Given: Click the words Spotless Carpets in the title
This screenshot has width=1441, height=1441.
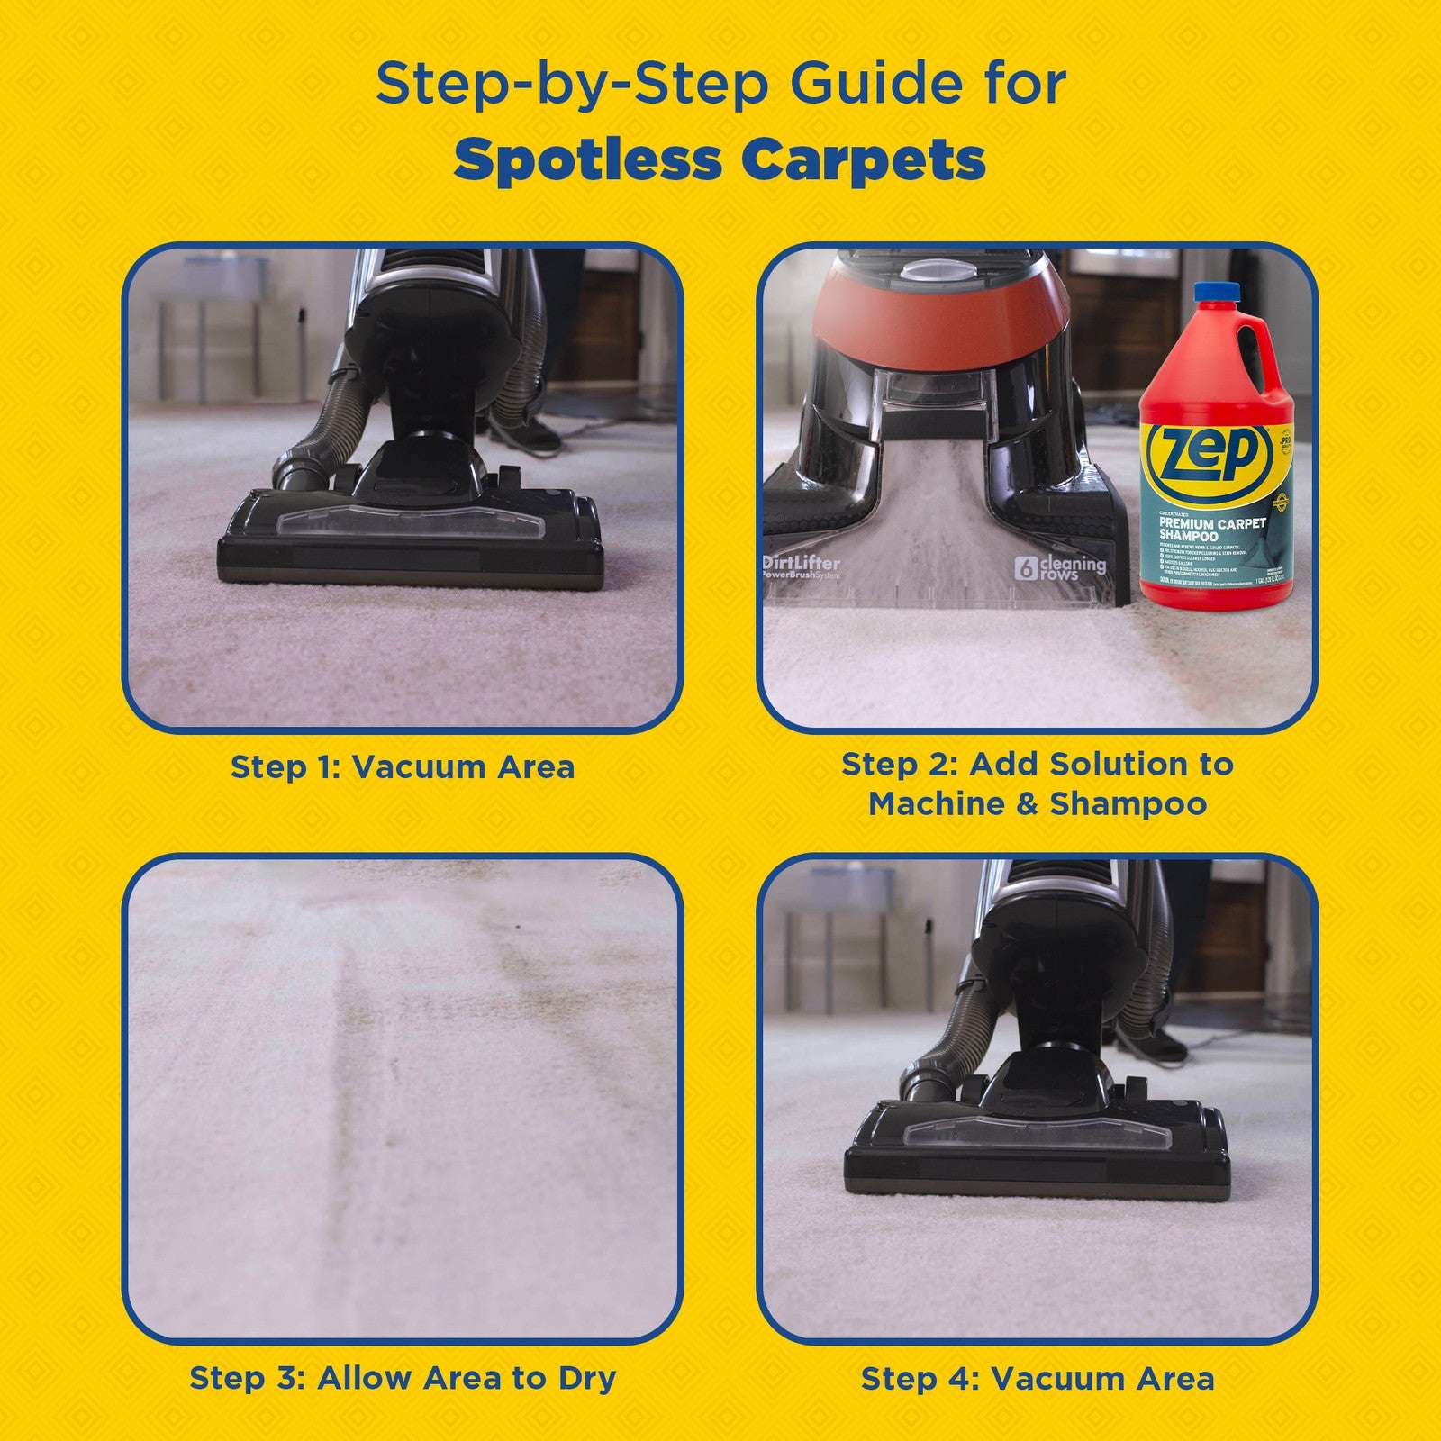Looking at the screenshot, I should (x=720, y=159).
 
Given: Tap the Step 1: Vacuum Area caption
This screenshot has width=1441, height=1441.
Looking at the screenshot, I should (x=403, y=767).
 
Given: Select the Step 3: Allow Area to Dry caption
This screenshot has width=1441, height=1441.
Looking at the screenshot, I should (x=403, y=1378).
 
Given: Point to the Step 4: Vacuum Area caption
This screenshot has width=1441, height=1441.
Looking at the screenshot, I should (x=1038, y=1378).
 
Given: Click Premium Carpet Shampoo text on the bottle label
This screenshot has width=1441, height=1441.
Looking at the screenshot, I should (x=1212, y=529).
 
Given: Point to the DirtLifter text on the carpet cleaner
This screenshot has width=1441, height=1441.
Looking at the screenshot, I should (x=802, y=563).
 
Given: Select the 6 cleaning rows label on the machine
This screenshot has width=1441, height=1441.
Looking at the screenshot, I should (x=1060, y=567).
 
